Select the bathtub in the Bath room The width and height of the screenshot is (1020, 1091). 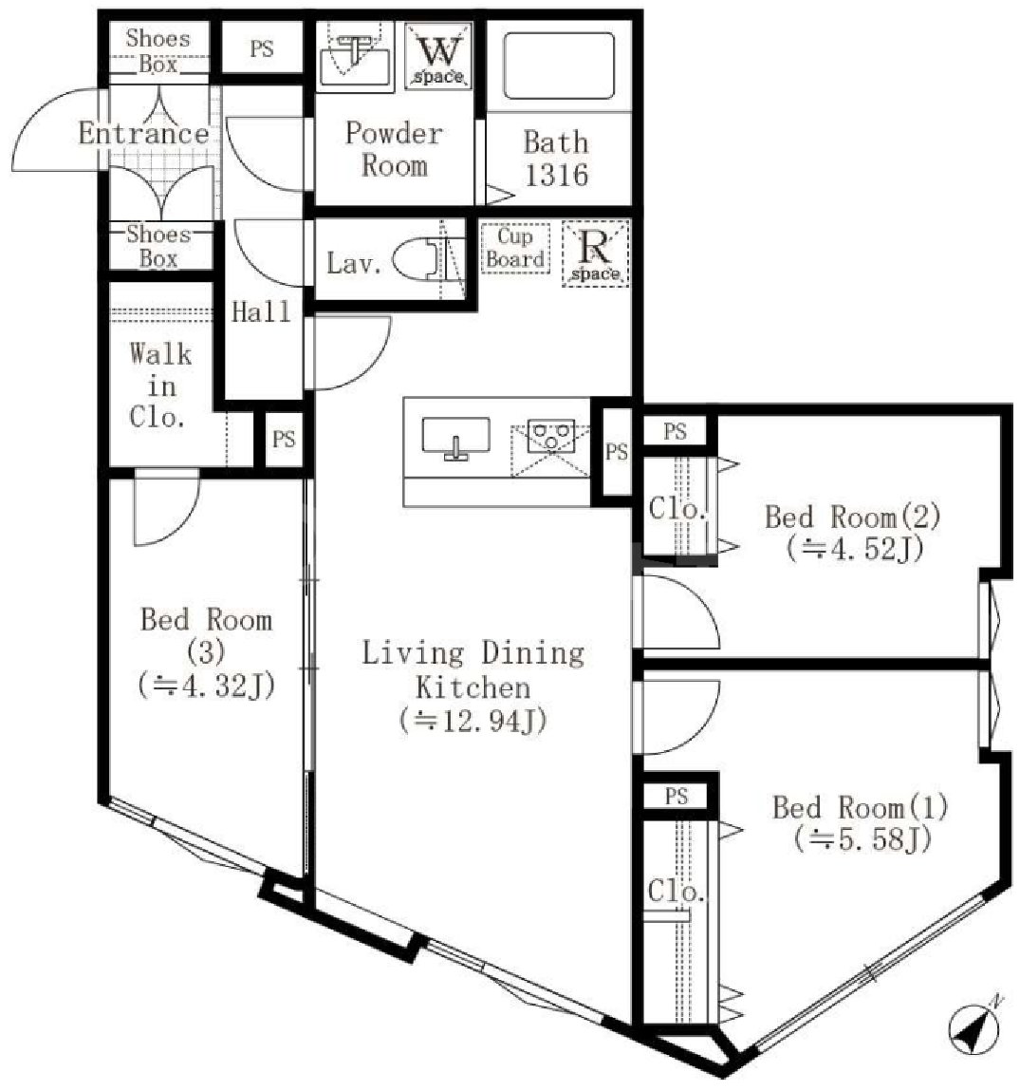[x=557, y=66]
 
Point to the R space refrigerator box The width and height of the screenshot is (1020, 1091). [x=595, y=254]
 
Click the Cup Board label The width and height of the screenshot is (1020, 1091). [x=515, y=248]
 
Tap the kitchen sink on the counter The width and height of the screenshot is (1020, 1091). [x=455, y=439]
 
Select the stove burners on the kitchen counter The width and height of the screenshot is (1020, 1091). [x=549, y=438]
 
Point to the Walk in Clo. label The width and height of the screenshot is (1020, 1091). [x=159, y=386]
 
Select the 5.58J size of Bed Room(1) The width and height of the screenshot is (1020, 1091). [x=862, y=838]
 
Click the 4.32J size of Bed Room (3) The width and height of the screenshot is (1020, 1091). [x=206, y=684]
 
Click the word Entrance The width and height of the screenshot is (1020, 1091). [x=143, y=133]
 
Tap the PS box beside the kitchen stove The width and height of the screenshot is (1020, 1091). [x=617, y=452]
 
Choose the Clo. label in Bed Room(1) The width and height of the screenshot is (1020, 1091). [x=677, y=892]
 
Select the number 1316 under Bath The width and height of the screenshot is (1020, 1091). [x=557, y=175]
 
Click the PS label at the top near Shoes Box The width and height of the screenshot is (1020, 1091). [x=262, y=48]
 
